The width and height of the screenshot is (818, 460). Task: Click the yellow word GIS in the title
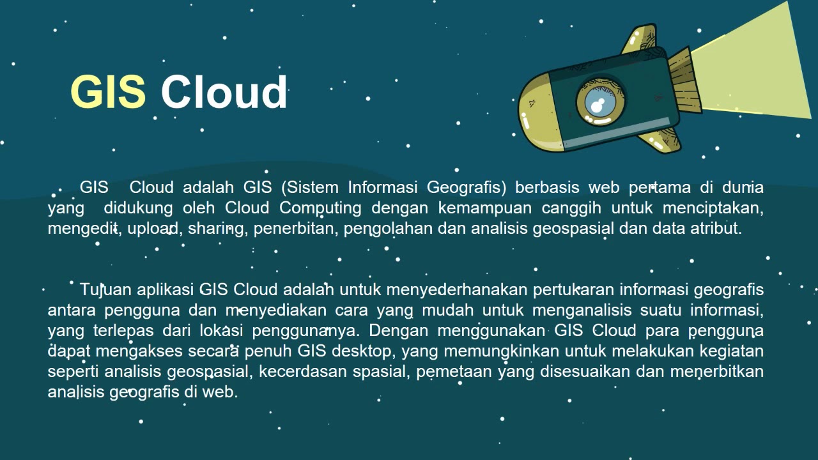pos(108,91)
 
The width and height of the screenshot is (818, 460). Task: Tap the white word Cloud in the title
pos(224,91)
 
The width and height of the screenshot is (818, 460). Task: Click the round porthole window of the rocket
pos(600,103)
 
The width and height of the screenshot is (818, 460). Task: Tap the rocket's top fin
pos(640,40)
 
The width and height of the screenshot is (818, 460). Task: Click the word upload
pos(153,228)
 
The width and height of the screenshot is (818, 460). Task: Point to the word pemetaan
pos(449,371)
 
